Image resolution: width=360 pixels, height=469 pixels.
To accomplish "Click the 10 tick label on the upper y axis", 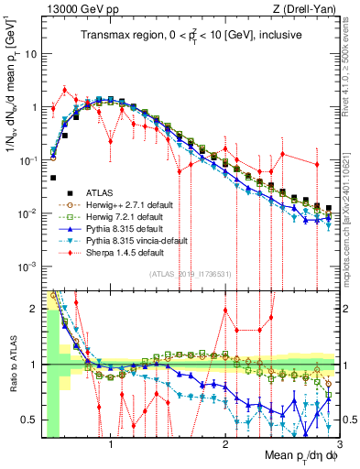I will (30, 53).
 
